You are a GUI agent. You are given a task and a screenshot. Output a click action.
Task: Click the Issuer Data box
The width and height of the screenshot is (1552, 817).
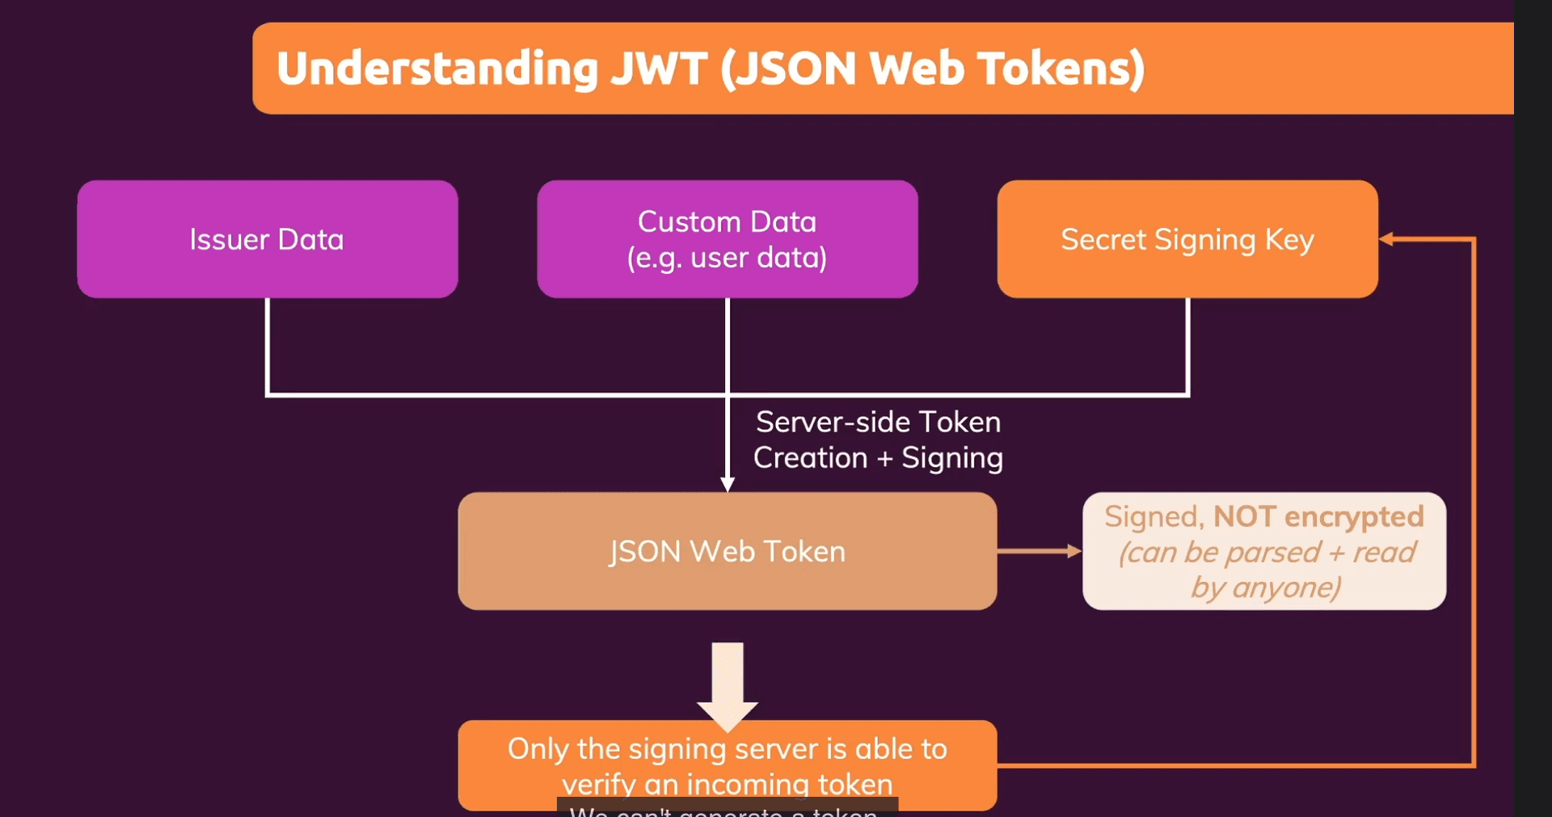[267, 239]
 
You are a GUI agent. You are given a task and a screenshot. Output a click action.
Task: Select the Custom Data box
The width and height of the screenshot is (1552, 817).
[727, 239]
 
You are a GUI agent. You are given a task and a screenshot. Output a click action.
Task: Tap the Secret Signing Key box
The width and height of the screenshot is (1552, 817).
[1187, 239]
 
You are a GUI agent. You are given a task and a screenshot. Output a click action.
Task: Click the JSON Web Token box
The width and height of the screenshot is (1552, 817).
[727, 551]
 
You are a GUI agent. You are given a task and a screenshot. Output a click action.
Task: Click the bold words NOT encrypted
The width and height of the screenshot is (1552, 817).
[1318, 516]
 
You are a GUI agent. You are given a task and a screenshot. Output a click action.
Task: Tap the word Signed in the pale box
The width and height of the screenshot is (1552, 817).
[1153, 517]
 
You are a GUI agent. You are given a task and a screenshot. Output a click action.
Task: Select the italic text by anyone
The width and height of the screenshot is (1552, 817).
[1265, 587]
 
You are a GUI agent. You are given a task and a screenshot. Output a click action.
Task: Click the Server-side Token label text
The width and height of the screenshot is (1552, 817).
[878, 422]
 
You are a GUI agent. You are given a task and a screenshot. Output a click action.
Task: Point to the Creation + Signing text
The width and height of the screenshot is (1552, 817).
[878, 458]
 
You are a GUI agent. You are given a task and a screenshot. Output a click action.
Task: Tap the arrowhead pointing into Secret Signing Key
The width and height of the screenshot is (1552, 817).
[1386, 239]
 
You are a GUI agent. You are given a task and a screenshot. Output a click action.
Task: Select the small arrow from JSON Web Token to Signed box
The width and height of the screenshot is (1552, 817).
[1040, 551]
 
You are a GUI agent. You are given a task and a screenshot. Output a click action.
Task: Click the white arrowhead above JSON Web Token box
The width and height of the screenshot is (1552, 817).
[727, 484]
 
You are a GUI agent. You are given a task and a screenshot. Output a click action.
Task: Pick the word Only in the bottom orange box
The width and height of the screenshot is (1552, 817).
[538, 749]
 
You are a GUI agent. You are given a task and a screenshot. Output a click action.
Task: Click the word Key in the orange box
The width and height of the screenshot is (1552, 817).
[1289, 240]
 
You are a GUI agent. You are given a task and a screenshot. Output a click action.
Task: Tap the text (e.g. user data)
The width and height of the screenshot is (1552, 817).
[727, 259]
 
